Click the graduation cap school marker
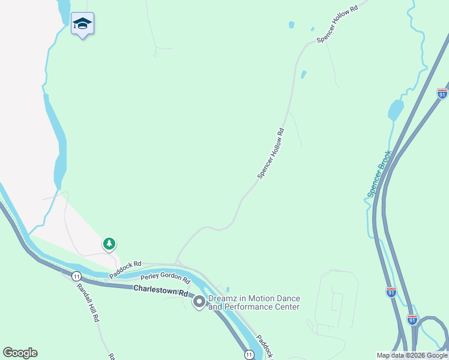pyautogui.click(x=82, y=24)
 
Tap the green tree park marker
pyautogui.click(x=109, y=244)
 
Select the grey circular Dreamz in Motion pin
pyautogui.click(x=199, y=302)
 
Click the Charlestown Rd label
pyautogui.click(x=160, y=291)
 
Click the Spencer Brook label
pyautogui.click(x=379, y=173)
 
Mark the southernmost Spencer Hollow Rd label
pyautogui.click(x=271, y=152)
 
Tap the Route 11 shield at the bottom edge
pyautogui.click(x=249, y=355)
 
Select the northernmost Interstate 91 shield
pyautogui.click(x=442, y=94)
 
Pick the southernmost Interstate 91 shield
pyautogui.click(x=412, y=319)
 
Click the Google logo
pyautogui.click(x=20, y=353)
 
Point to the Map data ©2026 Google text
pyautogui.click(x=412, y=355)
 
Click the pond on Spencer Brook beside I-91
pyautogui.click(x=396, y=110)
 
